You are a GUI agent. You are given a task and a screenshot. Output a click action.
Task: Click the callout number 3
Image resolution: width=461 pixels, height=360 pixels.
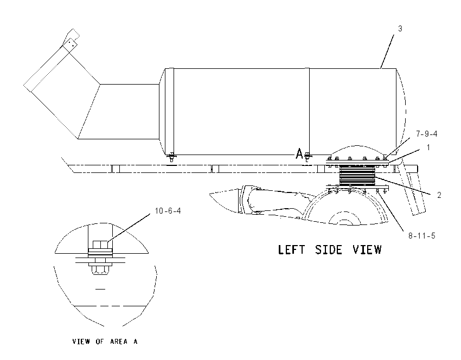pos(400,29)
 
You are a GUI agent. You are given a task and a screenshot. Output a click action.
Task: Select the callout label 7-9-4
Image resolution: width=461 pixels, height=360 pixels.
pos(427,134)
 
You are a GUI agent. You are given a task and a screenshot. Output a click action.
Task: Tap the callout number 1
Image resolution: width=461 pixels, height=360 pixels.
pos(428,147)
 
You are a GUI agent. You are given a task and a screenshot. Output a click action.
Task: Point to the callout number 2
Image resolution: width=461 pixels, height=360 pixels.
pos(439,195)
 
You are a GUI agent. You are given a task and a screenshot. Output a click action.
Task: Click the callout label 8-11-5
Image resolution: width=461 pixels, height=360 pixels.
pos(421,236)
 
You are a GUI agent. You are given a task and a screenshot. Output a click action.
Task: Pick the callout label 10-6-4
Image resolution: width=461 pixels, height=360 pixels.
pos(168,211)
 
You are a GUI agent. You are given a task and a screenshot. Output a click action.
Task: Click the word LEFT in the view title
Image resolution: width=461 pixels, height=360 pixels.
pos(291,250)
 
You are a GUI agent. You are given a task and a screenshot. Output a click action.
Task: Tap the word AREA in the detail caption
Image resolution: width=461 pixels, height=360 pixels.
pos(119,342)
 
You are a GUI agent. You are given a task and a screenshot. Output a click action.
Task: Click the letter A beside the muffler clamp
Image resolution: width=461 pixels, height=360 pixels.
pos(299,153)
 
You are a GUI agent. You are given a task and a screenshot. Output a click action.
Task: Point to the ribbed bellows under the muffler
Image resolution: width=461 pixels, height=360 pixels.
pos(357,175)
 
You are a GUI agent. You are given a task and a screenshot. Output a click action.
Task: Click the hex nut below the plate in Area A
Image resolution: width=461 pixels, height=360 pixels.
pos(100,271)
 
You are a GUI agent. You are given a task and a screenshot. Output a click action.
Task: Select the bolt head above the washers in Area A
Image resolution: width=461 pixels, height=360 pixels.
pos(100,245)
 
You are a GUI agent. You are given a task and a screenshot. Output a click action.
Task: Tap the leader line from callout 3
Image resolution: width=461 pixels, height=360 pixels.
pos(387,52)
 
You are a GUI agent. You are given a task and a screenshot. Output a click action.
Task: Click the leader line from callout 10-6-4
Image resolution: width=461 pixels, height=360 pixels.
pos(129,228)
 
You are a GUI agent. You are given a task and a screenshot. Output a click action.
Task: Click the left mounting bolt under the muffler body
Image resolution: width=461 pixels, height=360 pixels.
pos(171,158)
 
